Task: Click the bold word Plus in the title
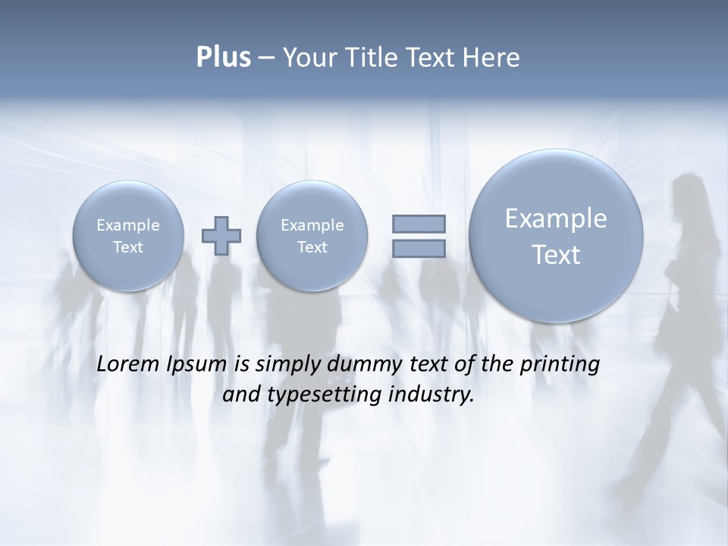pyautogui.click(x=223, y=58)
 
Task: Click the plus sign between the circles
pyautogui.click(x=221, y=235)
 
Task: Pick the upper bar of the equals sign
pyautogui.click(x=419, y=224)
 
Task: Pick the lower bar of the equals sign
pyautogui.click(x=419, y=248)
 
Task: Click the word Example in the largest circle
pyautogui.click(x=556, y=218)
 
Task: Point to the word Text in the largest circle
pyautogui.click(x=556, y=255)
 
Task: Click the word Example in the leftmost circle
pyautogui.click(x=128, y=225)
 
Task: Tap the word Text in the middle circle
pyautogui.click(x=312, y=247)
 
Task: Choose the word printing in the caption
pyautogui.click(x=560, y=364)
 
